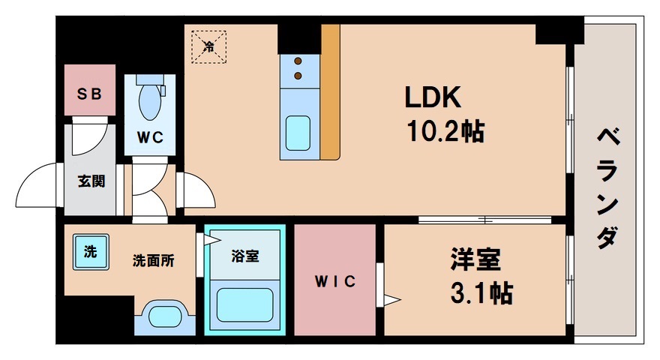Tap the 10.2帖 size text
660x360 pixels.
pos(445,132)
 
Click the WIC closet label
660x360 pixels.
pos(334,281)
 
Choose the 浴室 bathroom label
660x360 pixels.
pos(244,256)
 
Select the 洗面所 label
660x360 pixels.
pos(153,261)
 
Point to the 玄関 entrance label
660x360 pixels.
pos(91,181)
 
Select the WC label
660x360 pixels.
pos(150,138)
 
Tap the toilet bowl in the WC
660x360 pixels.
pos(151,101)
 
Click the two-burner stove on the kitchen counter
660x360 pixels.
pos(298,67)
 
